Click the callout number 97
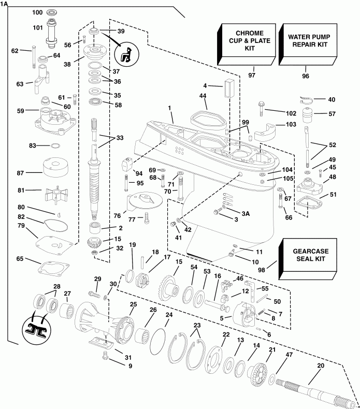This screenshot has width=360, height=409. tap(252, 76)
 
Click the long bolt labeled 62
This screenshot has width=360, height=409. tap(33, 57)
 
